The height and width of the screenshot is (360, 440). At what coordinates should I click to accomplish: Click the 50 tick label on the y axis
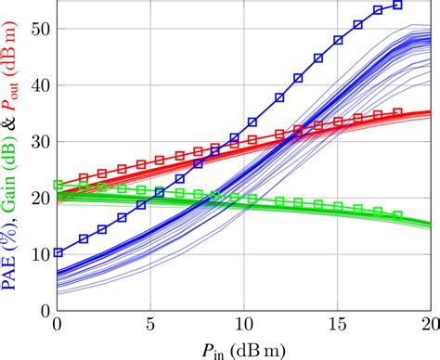coord(42,29)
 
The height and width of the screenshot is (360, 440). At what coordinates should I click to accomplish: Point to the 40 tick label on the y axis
coord(42,85)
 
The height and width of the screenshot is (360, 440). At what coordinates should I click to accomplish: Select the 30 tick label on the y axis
coord(42,142)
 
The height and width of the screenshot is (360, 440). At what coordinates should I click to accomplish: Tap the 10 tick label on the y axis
coord(42,255)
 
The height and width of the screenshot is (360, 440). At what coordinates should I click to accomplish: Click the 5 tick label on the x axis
coord(150,325)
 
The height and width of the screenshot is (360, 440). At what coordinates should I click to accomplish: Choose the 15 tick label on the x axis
coord(338,325)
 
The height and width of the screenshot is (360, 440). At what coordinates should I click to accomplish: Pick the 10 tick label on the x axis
coord(244,325)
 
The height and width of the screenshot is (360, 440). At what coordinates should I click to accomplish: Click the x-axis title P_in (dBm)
coord(244,351)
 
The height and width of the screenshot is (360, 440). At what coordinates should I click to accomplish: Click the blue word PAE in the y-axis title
coord(9,273)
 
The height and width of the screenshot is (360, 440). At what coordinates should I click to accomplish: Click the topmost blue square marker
coord(397,5)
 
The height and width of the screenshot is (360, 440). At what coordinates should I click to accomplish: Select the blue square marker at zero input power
coord(58,252)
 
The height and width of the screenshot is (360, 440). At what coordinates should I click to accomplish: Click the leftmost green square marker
coord(58,185)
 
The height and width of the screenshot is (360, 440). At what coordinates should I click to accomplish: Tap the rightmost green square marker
coord(397,214)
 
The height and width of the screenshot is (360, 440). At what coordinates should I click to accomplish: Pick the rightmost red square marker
coord(397,112)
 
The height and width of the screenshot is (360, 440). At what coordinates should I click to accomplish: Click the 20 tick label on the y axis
coord(42,199)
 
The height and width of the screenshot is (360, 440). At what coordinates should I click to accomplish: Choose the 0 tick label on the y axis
coord(46,311)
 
